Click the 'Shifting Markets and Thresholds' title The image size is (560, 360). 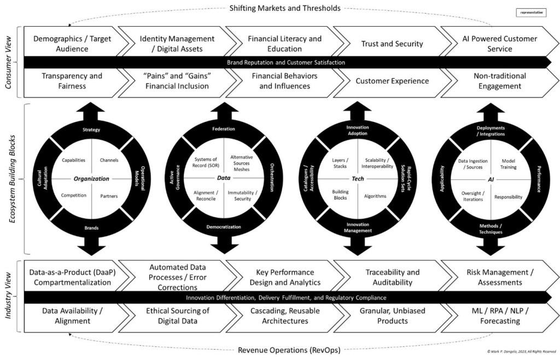click(284, 8)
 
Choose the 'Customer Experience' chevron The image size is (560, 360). click(392, 81)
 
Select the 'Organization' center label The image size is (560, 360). click(91, 178)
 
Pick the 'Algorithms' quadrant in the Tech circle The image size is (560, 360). click(375, 196)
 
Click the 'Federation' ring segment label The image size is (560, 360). click(223, 129)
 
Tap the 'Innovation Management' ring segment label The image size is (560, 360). click(358, 227)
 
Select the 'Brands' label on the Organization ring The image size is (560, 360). click(91, 228)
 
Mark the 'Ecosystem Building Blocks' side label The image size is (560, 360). click(9, 179)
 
